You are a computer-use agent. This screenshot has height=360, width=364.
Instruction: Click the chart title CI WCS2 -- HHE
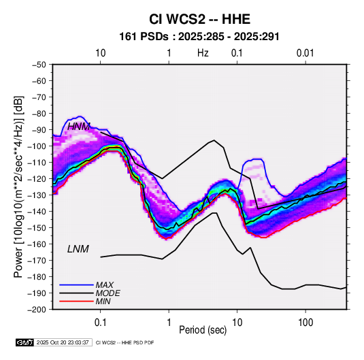tap(199, 19)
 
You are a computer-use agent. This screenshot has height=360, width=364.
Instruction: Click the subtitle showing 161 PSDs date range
tap(199, 37)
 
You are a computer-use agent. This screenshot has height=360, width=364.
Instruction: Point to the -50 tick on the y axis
tap(39, 65)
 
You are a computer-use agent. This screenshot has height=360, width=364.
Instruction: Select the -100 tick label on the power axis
tap(37, 146)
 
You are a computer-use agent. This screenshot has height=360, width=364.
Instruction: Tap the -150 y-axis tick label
tap(37, 228)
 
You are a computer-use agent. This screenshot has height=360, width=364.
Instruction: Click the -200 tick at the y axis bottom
tap(37, 310)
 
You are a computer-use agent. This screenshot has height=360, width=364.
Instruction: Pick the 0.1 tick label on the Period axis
tap(100, 323)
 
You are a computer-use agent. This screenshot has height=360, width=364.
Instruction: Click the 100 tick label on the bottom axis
tap(305, 323)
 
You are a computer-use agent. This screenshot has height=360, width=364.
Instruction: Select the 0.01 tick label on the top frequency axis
tap(305, 53)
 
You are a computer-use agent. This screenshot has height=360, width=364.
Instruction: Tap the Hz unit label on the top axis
tap(203, 53)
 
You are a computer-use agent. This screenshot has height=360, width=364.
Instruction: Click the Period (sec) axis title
tap(203, 330)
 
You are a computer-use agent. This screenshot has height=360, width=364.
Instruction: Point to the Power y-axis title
tap(18, 187)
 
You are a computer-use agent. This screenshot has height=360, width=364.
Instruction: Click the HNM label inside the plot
tap(79, 127)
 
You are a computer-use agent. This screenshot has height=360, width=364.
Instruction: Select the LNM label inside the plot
tap(78, 249)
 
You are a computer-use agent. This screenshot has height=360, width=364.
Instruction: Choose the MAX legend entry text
tap(105, 284)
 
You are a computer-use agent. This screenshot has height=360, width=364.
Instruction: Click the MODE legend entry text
tap(108, 293)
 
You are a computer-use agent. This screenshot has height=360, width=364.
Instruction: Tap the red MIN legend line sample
tap(76, 301)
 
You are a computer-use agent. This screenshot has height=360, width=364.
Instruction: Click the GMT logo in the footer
tap(25, 342)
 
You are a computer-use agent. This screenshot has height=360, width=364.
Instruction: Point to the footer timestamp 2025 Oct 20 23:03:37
tap(63, 342)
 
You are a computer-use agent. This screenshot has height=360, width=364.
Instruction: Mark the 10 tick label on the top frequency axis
tap(101, 53)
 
